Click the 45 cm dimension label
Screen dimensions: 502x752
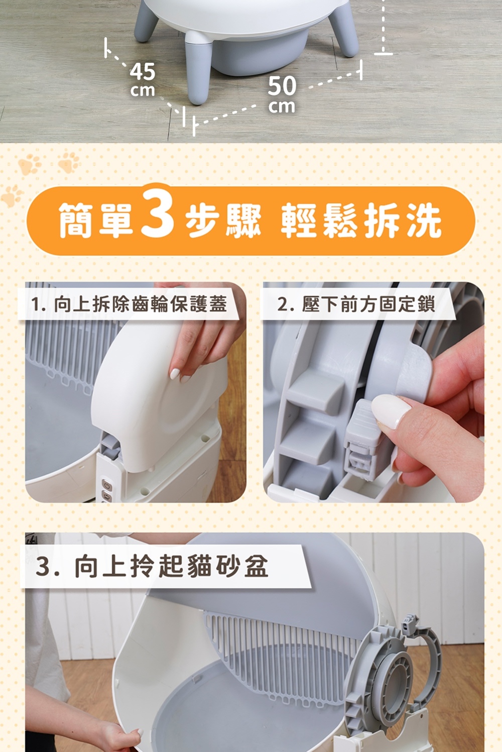pyautogui.click(x=143, y=80)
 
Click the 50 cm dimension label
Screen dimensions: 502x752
pyautogui.click(x=282, y=94)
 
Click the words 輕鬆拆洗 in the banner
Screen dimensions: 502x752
pyautogui.click(x=361, y=221)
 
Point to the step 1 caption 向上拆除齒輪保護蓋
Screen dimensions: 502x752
pyautogui.click(x=140, y=303)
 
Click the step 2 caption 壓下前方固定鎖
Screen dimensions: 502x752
pyautogui.click(x=368, y=304)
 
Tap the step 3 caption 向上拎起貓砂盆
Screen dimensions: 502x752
pyautogui.click(x=172, y=566)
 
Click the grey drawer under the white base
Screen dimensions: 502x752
pyautogui.click(x=260, y=54)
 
